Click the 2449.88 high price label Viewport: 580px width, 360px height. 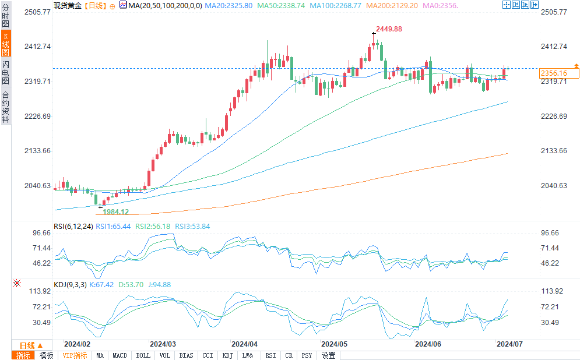click(x=389, y=29)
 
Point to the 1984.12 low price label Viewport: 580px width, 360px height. click(x=115, y=211)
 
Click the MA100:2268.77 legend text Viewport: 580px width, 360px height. click(x=335, y=5)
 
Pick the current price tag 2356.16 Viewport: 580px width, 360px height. click(x=554, y=73)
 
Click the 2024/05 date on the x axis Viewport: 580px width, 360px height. click(x=334, y=344)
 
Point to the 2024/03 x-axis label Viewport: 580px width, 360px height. click(x=163, y=344)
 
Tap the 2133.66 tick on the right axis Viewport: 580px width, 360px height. click(x=554, y=151)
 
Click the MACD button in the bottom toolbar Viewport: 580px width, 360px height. click(x=119, y=355)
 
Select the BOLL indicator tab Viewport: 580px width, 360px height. click(x=143, y=355)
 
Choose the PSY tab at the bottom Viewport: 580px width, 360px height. click(x=307, y=355)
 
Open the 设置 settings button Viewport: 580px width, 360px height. click(x=328, y=355)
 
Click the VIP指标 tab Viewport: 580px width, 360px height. click(x=75, y=355)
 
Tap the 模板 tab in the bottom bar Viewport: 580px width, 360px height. click(x=46, y=355)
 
